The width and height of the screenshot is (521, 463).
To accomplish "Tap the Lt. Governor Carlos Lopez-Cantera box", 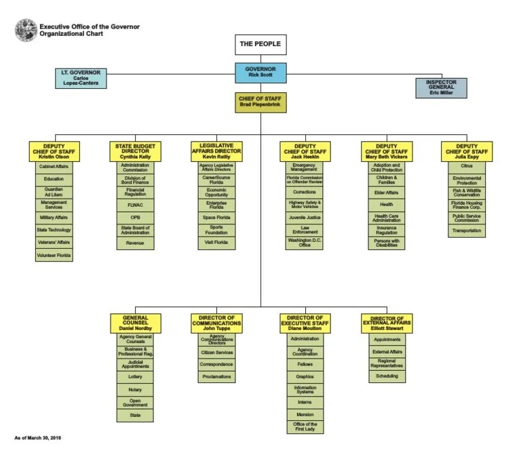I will [81, 78].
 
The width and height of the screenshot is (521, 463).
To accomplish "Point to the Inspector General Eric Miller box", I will [441, 88].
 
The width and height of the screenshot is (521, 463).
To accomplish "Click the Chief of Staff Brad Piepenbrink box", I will [261, 102].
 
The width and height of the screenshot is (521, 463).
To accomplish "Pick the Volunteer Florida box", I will [54, 256].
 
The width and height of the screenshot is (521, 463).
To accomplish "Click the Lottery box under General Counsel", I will [135, 376].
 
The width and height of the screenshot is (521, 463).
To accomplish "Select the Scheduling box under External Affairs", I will [387, 376].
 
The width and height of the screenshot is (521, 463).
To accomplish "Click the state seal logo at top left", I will [26, 28].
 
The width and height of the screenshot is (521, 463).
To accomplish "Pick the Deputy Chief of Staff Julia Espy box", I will [467, 151].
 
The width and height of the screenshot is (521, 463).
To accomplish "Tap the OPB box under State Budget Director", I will [135, 217].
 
